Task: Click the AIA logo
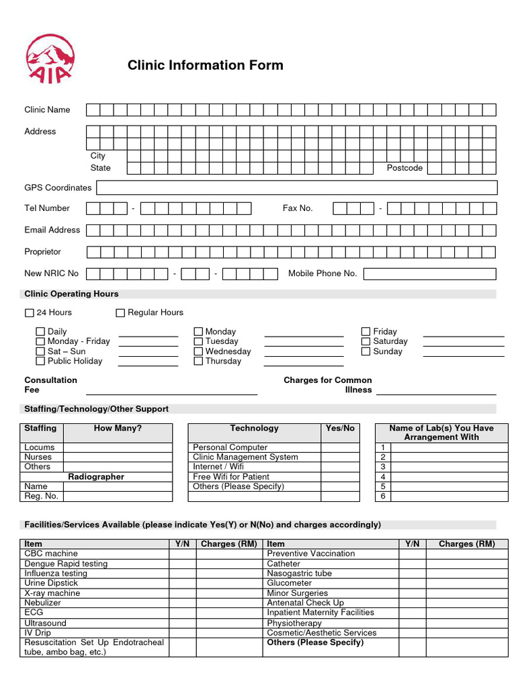pyautogui.click(x=50, y=59)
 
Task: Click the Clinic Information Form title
pyautogui.click(x=206, y=65)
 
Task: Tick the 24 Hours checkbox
pyautogui.click(x=29, y=312)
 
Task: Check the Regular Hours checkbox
pyautogui.click(x=120, y=312)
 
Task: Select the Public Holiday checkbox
pyautogui.click(x=40, y=361)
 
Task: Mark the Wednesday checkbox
pyautogui.click(x=198, y=351)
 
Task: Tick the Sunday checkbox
pyautogui.click(x=366, y=351)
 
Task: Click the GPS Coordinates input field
pyautogui.click(x=298, y=187)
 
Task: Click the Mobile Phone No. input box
pyautogui.click(x=429, y=273)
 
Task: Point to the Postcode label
pyautogui.click(x=404, y=168)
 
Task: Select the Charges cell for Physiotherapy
pyautogui.click(x=466, y=623)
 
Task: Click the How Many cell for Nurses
pyautogui.click(x=118, y=457)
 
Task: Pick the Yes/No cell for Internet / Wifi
pyautogui.click(x=339, y=466)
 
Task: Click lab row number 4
pyautogui.click(x=383, y=476)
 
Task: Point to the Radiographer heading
pyautogui.click(x=96, y=476)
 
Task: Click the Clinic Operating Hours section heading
pyautogui.click(x=71, y=294)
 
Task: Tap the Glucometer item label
pyautogui.click(x=290, y=583)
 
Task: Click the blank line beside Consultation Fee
pyautogui.click(x=171, y=389)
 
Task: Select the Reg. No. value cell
pyautogui.click(x=118, y=497)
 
